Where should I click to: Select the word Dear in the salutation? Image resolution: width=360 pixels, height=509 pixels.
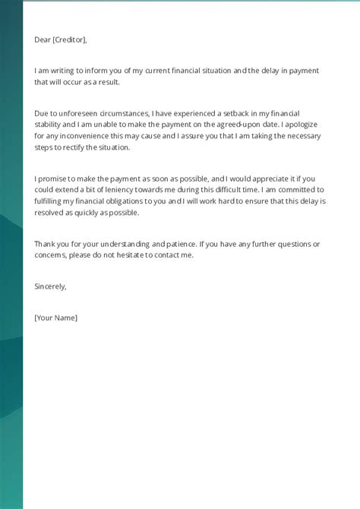tap(43, 40)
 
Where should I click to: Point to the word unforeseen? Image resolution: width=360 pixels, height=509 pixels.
tap(72, 112)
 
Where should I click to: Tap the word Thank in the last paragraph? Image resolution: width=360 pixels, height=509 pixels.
tap(45, 244)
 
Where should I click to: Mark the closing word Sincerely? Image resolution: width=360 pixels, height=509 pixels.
tap(51, 286)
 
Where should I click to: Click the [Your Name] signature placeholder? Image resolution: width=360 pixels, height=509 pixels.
tap(56, 317)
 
